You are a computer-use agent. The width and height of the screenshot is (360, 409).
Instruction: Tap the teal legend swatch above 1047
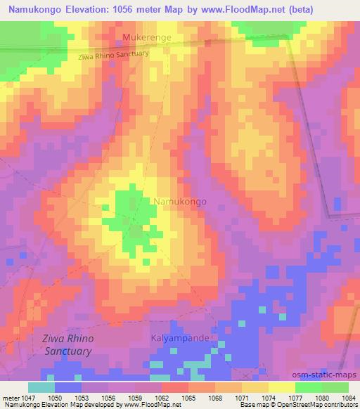tap(41, 387)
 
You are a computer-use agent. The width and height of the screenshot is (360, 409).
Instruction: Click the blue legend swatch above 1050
tap(68, 387)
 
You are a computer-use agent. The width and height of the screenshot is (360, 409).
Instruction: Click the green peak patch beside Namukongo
tap(129, 211)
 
